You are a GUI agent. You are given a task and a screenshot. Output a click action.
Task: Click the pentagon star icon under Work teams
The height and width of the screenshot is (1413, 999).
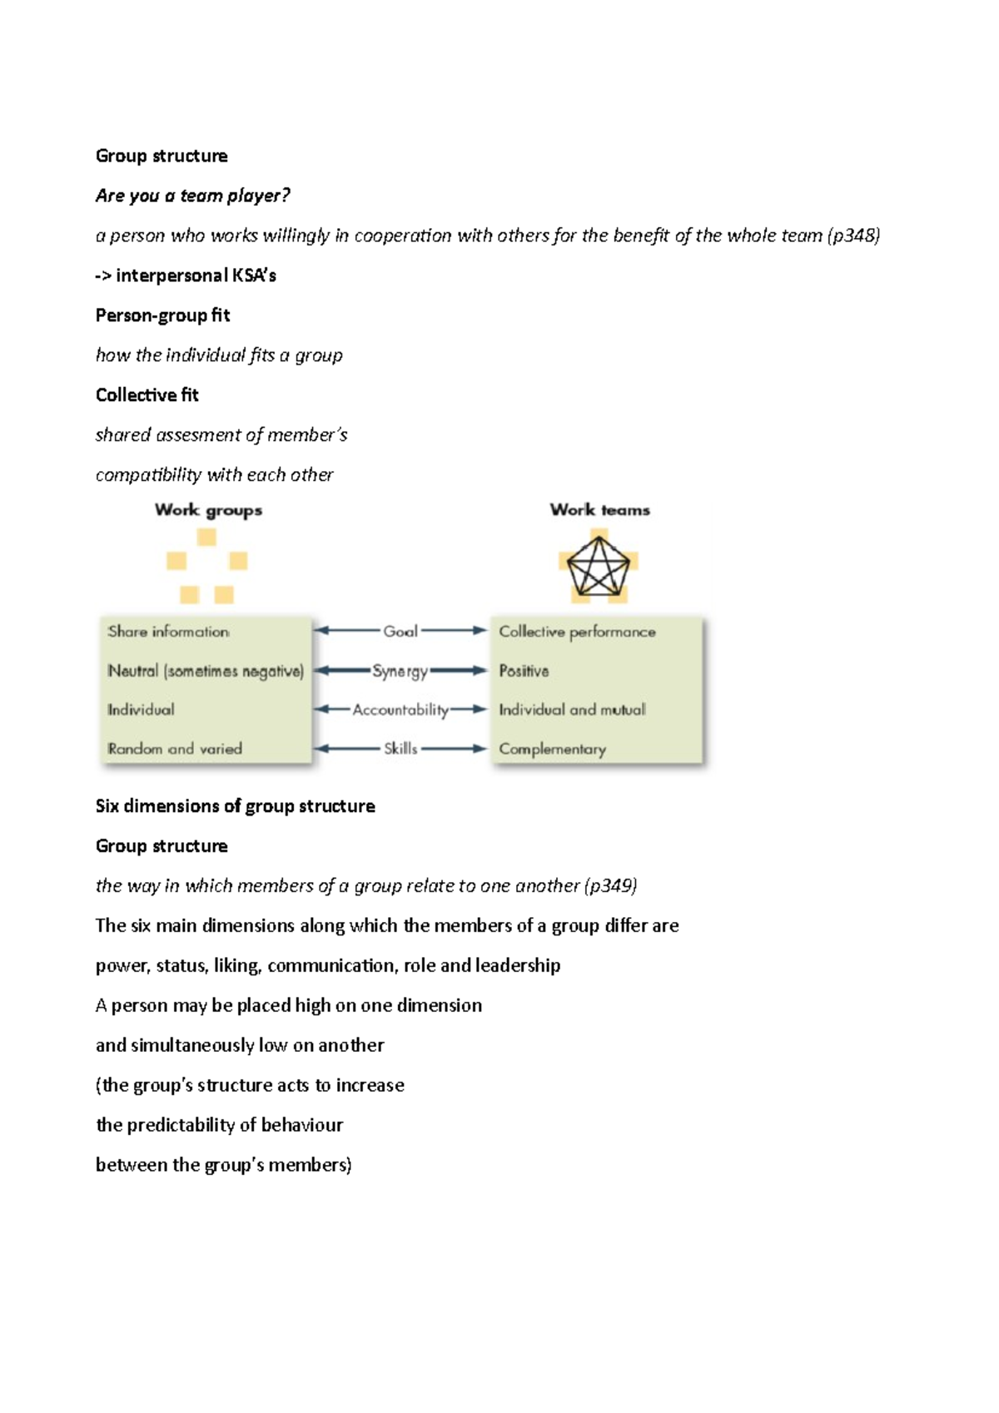[598, 568]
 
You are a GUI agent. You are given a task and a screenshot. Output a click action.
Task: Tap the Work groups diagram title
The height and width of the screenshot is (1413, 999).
[208, 510]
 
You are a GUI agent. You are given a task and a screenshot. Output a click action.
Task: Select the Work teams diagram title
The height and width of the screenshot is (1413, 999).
[599, 510]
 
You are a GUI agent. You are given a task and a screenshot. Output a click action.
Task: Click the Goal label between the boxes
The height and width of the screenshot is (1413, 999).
[400, 632]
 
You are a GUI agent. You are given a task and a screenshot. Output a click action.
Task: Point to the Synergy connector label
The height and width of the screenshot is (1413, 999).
[400, 671]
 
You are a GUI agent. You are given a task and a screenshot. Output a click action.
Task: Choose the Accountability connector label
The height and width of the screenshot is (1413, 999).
[400, 710]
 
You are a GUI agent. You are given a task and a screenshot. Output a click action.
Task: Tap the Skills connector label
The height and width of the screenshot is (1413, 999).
[400, 749]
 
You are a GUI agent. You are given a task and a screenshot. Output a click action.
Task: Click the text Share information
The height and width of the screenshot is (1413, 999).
[168, 632]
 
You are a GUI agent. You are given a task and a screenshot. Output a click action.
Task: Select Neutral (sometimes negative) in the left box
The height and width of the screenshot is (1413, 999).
[206, 671]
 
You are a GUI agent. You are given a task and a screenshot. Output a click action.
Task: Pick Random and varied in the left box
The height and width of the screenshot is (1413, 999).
[175, 749]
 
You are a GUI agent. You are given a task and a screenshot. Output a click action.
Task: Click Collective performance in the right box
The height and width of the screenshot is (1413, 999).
[577, 632]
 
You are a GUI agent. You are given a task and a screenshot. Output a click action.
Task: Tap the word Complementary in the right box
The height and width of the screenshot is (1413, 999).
[552, 749]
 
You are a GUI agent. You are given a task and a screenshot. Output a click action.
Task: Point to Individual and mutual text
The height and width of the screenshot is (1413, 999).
[572, 710]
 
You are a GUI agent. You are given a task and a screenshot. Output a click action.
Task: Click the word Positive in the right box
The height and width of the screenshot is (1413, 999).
[524, 671]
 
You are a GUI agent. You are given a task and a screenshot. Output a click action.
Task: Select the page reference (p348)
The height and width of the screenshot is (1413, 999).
[853, 235]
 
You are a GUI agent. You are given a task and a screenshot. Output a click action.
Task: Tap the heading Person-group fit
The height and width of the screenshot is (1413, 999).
[162, 315]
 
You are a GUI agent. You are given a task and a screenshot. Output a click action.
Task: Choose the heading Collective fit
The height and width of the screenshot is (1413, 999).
[147, 395]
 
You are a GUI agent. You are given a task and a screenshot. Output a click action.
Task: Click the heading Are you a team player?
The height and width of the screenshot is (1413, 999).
[192, 196]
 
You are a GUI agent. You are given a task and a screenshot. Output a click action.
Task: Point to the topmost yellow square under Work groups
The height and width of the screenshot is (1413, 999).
[206, 538]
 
